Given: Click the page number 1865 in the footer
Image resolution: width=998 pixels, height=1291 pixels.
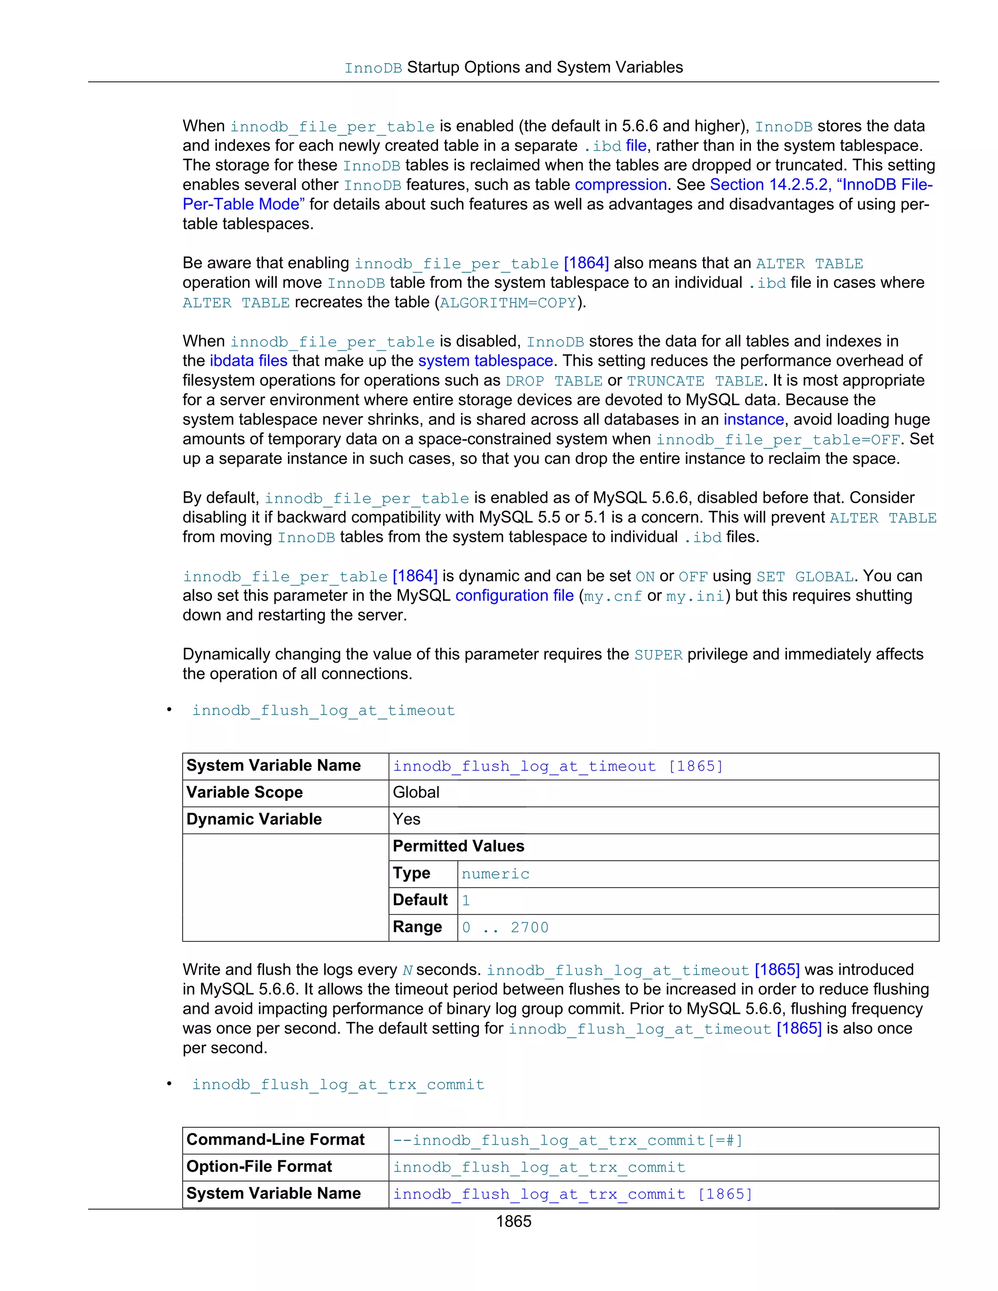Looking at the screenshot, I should (x=513, y=1221).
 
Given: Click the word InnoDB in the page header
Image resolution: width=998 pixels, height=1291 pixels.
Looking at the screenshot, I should (x=373, y=68).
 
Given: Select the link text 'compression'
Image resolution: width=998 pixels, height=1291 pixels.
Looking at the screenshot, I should (x=620, y=185).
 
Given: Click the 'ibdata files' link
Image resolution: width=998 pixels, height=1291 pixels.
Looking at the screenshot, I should (x=249, y=361).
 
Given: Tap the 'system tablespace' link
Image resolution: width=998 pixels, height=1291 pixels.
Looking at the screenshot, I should (x=485, y=361).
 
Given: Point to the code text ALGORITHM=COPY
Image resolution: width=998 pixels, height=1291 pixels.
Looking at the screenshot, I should (x=508, y=303).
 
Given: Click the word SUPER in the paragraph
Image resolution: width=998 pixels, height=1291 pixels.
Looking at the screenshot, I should (x=658, y=655).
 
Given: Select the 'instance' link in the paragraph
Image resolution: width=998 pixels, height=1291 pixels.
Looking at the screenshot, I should (x=753, y=419).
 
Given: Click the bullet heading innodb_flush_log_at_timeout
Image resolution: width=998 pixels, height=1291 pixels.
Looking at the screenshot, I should (x=324, y=710).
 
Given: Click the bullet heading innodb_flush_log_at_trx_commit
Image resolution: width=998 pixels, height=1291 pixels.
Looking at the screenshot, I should (x=338, y=1085).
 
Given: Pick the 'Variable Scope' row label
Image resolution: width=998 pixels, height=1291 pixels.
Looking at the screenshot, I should (x=244, y=793).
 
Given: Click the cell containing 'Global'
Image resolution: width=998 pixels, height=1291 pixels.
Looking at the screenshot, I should (x=416, y=793).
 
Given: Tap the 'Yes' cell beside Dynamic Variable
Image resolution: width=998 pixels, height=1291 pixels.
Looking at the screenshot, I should (x=407, y=820).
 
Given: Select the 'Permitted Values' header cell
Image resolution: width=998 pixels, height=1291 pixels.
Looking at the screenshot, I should (x=458, y=847).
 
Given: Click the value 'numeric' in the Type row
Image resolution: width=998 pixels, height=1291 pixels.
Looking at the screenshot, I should (x=496, y=874).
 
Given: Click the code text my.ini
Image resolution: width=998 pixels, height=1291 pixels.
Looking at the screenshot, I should (x=695, y=596).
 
